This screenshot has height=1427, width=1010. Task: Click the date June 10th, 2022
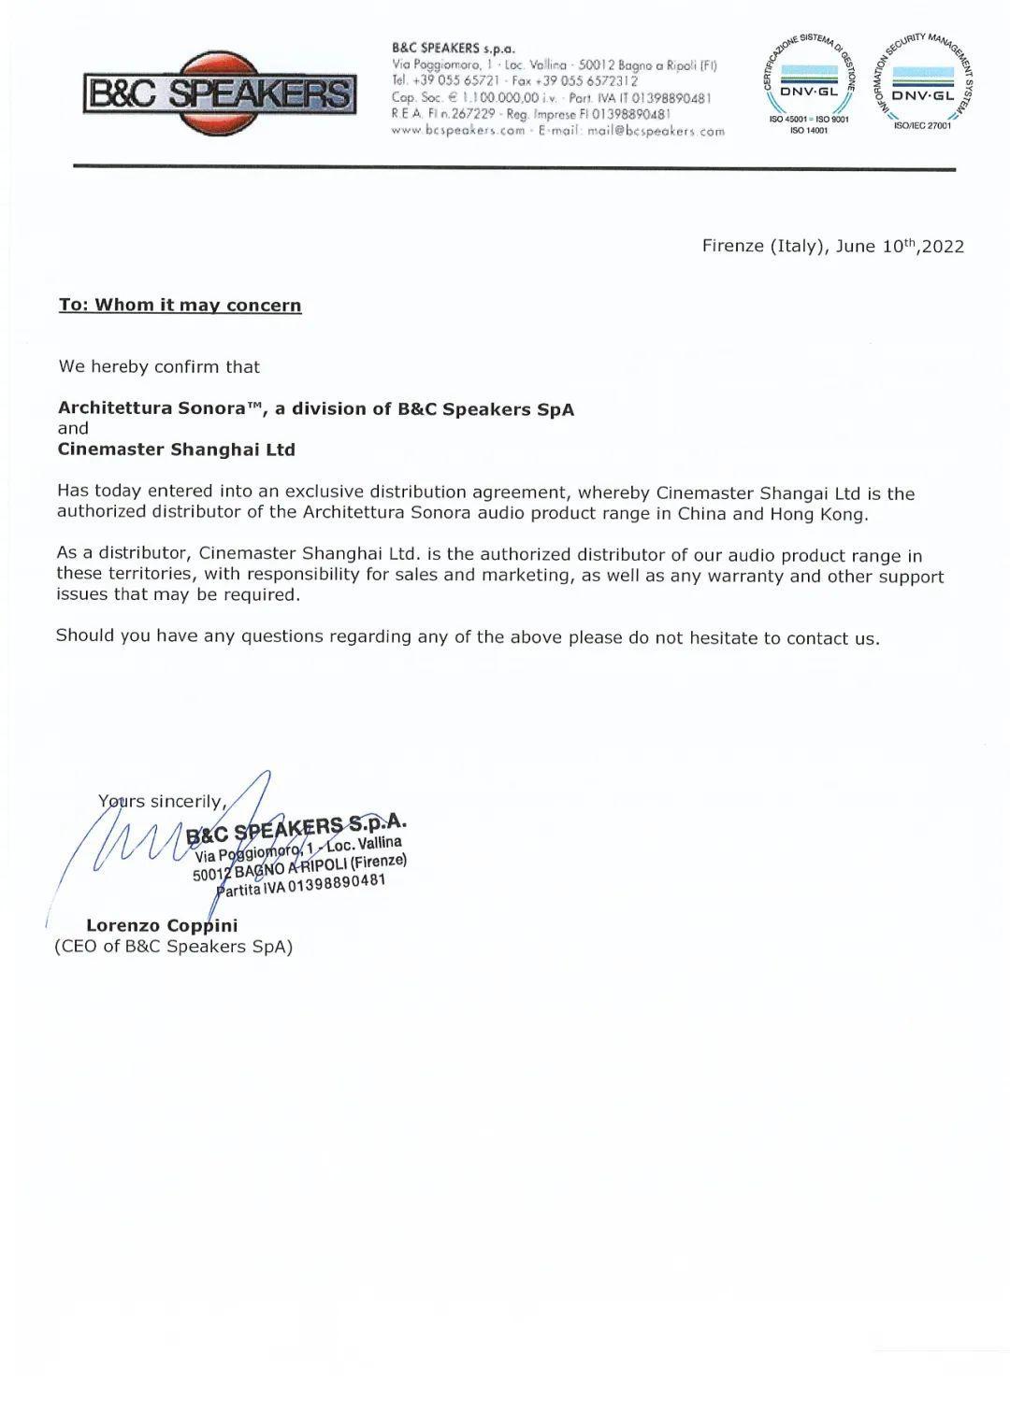(x=900, y=247)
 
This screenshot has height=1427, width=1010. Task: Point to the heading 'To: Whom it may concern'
(x=180, y=306)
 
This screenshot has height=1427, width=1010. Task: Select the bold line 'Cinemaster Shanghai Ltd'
(x=177, y=450)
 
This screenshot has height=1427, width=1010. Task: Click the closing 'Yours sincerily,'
(x=163, y=802)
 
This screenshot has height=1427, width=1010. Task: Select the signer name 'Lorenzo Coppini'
(x=162, y=926)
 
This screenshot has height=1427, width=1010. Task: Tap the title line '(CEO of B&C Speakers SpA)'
(x=174, y=947)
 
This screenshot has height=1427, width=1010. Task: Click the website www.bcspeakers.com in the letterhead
(x=458, y=131)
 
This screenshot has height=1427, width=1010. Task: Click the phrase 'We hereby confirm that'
(x=159, y=366)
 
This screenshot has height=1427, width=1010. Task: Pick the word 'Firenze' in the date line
(x=733, y=247)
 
